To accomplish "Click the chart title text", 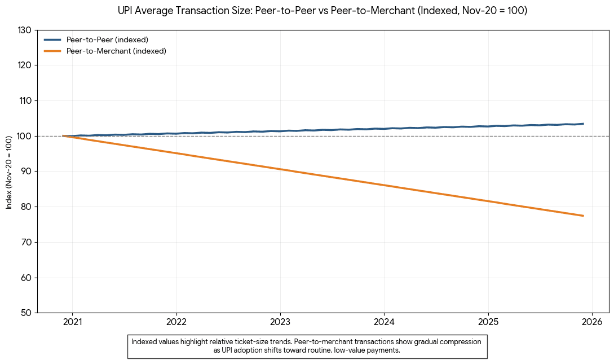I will [323, 11].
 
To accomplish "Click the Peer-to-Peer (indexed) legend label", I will [107, 39].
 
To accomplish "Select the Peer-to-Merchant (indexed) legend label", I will [116, 51].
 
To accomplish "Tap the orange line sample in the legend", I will [52, 51].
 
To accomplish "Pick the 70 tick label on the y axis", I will [25, 242].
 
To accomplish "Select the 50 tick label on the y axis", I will [25, 313].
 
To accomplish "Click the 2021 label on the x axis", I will [72, 322].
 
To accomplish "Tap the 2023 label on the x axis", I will [280, 322].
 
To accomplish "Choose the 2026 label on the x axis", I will [591, 322].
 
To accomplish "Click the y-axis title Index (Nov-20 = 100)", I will [9, 172].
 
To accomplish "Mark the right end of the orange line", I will [582, 216].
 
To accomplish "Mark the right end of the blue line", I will [582, 124].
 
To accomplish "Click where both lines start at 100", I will [64, 136].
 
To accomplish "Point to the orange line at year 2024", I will [384, 185].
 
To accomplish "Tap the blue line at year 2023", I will [280, 131].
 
